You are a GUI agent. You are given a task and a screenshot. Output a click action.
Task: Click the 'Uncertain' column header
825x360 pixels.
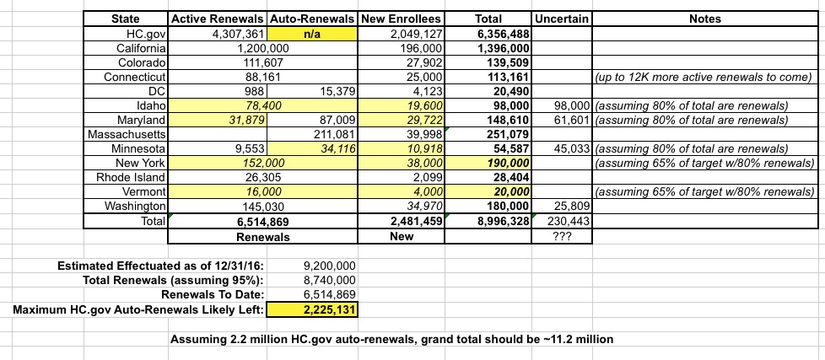563,19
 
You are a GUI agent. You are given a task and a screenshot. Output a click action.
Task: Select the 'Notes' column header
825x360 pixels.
704,19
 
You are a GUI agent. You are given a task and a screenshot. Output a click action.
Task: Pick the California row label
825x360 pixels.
142,48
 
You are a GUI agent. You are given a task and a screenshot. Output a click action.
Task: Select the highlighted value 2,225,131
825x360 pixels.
330,310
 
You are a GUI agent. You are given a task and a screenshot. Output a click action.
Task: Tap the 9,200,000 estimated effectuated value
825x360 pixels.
330,266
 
